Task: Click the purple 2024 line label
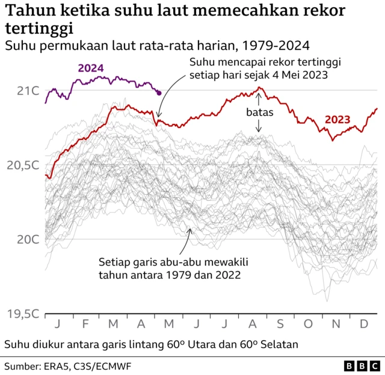(x=91, y=68)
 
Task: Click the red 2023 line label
(x=337, y=119)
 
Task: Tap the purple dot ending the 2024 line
(x=158, y=93)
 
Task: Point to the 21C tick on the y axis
(x=28, y=90)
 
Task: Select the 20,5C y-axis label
(x=23, y=165)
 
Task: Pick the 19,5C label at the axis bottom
(x=23, y=314)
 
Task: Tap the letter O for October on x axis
(x=309, y=324)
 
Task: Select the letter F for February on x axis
(x=85, y=324)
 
